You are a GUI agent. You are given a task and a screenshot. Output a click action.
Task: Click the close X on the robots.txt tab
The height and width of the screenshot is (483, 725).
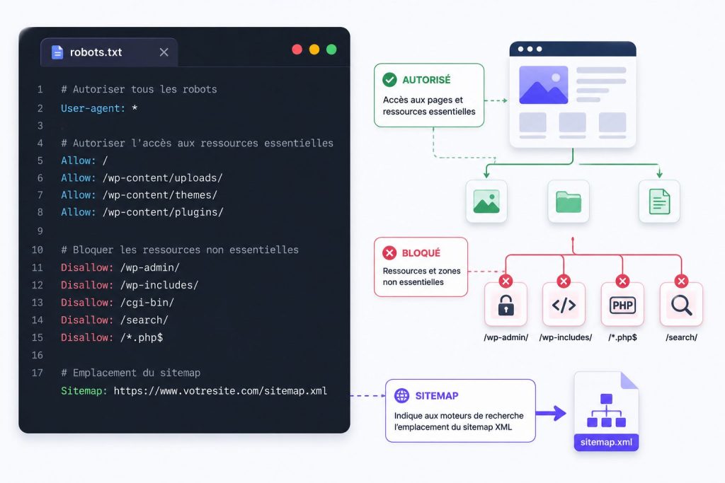tap(164, 52)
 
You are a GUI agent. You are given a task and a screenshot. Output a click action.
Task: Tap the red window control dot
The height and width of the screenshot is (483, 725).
tap(297, 50)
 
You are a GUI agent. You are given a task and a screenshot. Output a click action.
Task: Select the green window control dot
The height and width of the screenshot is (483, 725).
tap(331, 50)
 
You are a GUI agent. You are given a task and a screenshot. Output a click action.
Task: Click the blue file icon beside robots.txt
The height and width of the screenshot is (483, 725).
tap(57, 52)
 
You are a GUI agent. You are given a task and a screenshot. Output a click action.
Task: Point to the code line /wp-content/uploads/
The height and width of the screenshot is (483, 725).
tap(163, 178)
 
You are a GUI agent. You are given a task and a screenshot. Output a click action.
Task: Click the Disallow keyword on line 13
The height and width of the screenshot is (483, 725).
tap(87, 303)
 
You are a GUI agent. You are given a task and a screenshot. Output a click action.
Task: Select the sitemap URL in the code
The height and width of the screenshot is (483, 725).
tap(220, 390)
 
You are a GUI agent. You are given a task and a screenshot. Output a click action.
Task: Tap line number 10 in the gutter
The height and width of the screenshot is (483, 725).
tap(37, 250)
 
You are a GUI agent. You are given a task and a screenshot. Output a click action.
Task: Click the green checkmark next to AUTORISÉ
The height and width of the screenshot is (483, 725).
tap(389, 79)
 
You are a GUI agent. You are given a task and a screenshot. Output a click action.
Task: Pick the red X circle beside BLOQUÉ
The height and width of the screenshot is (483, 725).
tap(389, 252)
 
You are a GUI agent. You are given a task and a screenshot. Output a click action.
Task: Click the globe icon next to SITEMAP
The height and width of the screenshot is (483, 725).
tap(401, 395)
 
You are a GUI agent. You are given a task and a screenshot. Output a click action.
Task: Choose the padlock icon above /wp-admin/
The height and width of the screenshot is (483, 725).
tap(506, 305)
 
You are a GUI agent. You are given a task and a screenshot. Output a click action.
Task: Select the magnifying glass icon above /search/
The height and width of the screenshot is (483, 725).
tap(682, 305)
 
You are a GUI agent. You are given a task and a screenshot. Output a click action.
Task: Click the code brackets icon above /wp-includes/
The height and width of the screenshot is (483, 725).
tap(564, 305)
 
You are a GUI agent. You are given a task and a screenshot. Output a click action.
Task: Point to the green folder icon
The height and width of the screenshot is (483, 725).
tap(569, 202)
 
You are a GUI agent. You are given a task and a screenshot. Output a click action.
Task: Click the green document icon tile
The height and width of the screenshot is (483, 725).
tap(659, 202)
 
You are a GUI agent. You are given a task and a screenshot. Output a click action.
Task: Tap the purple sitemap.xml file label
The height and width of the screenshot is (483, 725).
tap(606, 442)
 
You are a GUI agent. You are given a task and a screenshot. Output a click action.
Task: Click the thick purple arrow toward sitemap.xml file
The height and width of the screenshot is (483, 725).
tap(551, 413)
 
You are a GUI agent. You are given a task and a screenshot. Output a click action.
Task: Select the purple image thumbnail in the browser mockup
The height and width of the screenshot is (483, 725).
tap(543, 85)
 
